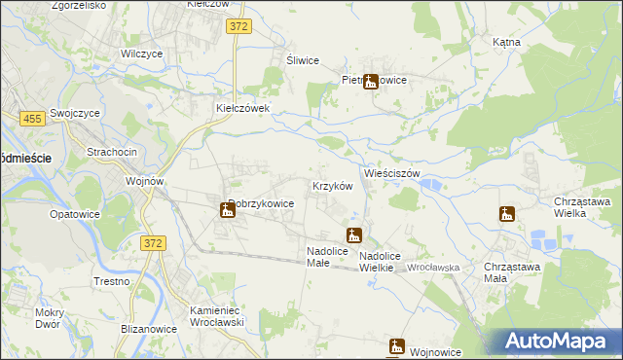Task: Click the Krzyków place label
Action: coord(331,186)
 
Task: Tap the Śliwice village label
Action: coord(303,60)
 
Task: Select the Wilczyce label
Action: coord(140,54)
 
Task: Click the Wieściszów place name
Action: coord(391,173)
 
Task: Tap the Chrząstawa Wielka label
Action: coord(582,207)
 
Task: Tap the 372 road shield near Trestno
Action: coord(151,242)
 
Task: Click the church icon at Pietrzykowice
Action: coord(369,83)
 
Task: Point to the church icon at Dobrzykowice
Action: coord(226,208)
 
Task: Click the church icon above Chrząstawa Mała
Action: coord(506,214)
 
